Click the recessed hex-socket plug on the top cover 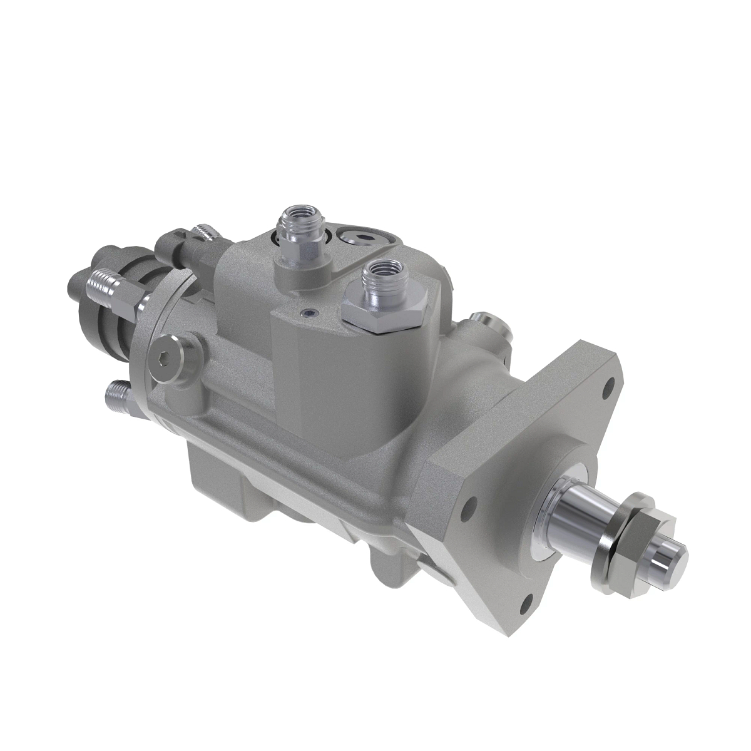click(358, 237)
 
